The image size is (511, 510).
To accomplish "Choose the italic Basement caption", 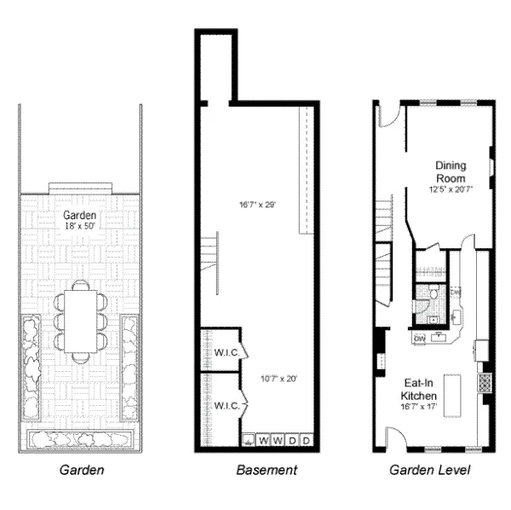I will tap(266, 470).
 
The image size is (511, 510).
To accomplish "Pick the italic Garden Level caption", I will tap(431, 470).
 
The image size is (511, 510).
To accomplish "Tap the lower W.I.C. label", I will tap(226, 405).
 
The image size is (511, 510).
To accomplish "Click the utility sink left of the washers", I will tap(249, 441).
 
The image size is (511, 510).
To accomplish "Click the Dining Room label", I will tap(450, 171).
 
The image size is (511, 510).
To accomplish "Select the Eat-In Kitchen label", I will tap(419, 391).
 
